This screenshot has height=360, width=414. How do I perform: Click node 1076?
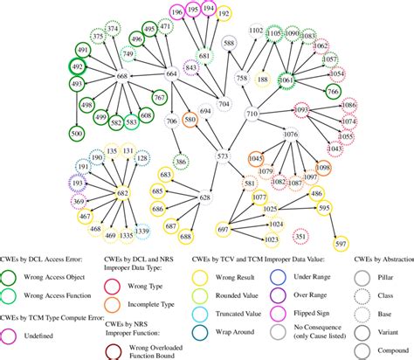[292, 135]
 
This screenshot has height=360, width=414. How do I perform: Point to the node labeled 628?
[205, 197]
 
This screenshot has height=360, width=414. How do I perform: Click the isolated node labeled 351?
[300, 236]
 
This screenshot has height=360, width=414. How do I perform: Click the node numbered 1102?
[256, 31]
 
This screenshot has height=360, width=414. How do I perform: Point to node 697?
[223, 229]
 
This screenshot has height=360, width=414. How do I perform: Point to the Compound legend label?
[389, 341]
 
